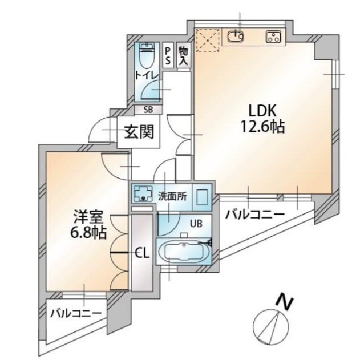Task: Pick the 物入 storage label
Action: [x=183, y=56]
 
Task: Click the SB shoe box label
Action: [x=148, y=110]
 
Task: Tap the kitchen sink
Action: [x=235, y=38]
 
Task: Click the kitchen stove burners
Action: [x=272, y=38]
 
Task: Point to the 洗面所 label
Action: [x=172, y=195]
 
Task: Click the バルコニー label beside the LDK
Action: [x=254, y=215]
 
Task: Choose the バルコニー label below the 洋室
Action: [x=76, y=314]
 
